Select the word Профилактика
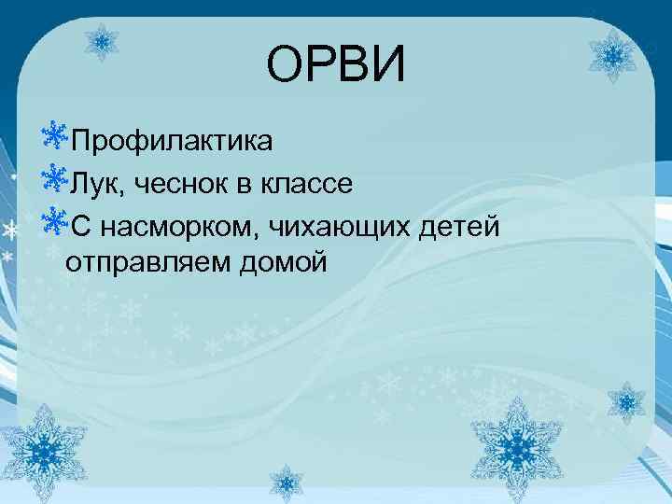[x=172, y=143]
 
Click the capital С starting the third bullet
[x=78, y=225]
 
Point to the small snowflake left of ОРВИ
[x=102, y=41]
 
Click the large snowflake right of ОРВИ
[x=614, y=57]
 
